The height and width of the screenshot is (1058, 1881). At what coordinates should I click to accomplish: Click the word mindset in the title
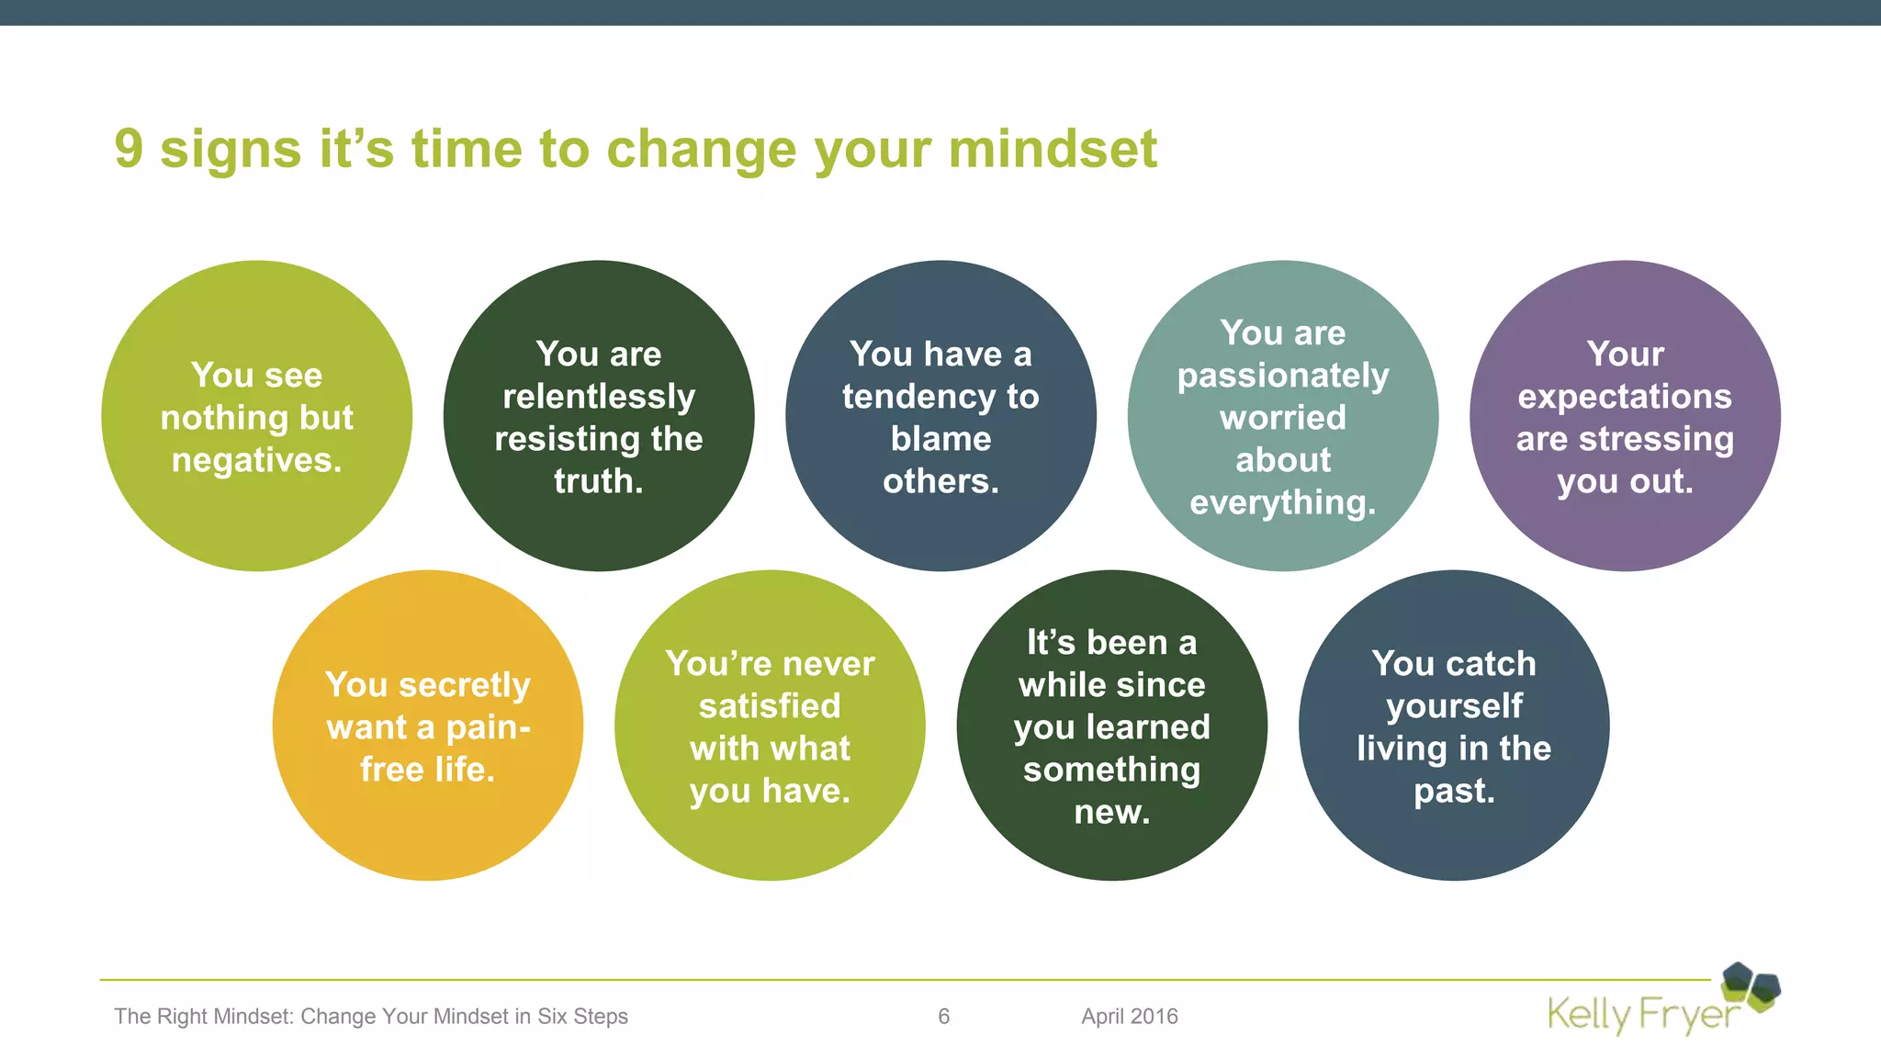tap(1053, 150)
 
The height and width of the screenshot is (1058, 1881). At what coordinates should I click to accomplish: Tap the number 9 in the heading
tap(129, 150)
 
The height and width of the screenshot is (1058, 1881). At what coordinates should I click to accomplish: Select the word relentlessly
tap(599, 397)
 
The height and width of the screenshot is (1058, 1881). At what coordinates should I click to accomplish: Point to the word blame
tap(940, 439)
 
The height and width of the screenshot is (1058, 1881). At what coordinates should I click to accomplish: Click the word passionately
tap(1283, 376)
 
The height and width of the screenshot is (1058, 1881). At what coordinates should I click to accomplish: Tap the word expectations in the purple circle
tap(1625, 397)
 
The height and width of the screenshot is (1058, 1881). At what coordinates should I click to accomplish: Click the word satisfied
tap(770, 706)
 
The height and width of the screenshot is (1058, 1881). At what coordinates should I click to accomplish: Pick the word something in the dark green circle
tap(1111, 770)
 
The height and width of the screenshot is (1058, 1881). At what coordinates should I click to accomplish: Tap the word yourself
tap(1454, 706)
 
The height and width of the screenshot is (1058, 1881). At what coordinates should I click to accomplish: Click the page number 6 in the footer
tap(943, 1016)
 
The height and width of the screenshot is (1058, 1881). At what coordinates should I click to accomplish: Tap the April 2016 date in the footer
tap(1129, 1016)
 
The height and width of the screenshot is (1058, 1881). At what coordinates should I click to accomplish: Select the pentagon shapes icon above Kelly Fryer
tap(1751, 986)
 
